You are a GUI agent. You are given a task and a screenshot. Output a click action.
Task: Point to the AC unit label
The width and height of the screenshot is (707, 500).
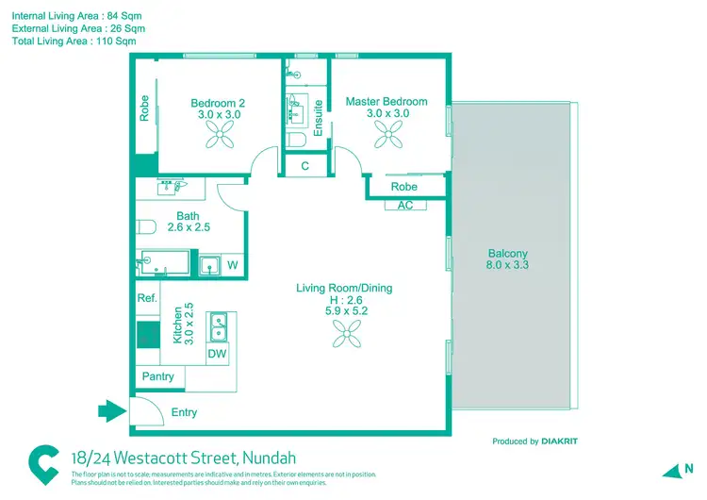click(x=405, y=205)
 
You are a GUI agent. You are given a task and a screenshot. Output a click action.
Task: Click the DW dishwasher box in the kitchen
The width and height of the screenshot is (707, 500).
click(x=217, y=354)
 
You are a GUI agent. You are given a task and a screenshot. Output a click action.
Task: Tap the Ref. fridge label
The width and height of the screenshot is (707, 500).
click(x=146, y=298)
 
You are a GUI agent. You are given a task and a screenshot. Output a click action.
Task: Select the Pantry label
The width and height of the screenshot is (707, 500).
click(x=157, y=376)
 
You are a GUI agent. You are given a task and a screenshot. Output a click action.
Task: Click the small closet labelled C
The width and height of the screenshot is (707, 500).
click(x=304, y=166)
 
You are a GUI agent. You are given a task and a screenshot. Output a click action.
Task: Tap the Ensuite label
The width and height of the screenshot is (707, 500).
click(x=318, y=118)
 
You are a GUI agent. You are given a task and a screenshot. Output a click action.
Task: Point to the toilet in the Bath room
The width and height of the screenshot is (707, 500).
click(x=146, y=227)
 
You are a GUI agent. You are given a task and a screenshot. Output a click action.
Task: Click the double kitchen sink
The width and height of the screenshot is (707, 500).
click(x=218, y=327)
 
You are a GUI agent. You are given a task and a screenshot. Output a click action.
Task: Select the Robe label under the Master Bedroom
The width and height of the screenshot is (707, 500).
click(x=404, y=187)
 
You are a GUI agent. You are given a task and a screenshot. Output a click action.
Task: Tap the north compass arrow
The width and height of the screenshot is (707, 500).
click(x=671, y=470)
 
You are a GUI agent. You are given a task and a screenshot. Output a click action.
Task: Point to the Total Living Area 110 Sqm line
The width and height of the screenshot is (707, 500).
click(x=74, y=42)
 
